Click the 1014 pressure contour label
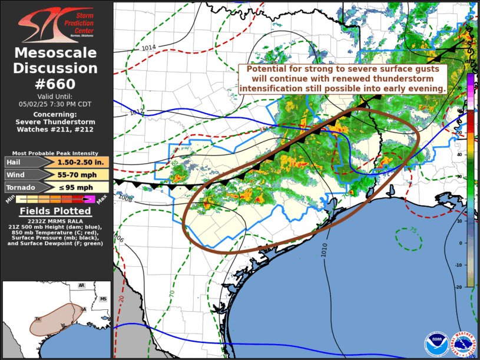(x=148, y=47)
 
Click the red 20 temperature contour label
(x=121, y=299)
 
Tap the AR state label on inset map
(x=81, y=286)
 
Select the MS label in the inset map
(x=103, y=299)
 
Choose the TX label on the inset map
(x=38, y=319)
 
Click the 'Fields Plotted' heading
(x=55, y=211)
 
